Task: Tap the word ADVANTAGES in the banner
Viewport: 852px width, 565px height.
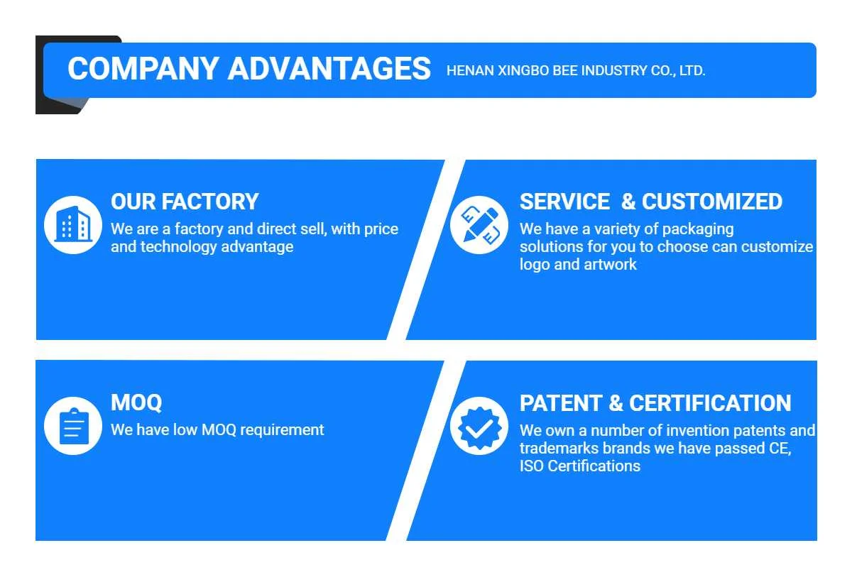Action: pyautogui.click(x=329, y=69)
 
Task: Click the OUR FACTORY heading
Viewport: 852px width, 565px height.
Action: pyautogui.click(x=185, y=202)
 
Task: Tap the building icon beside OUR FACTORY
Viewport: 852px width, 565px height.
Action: pyautogui.click(x=73, y=225)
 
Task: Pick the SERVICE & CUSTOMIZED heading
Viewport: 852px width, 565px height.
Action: pyautogui.click(x=650, y=202)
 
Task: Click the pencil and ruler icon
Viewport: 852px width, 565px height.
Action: pyautogui.click(x=479, y=225)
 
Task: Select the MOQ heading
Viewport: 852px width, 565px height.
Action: pyautogui.click(x=136, y=402)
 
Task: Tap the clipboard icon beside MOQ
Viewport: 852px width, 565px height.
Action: pyautogui.click(x=73, y=426)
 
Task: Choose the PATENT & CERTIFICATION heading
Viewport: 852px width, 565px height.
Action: pyautogui.click(x=655, y=403)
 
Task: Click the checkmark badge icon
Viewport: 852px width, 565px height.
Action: pyautogui.click(x=479, y=426)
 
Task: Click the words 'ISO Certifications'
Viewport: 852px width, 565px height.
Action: pyautogui.click(x=579, y=466)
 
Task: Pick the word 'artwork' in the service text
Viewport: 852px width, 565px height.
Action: pyautogui.click(x=610, y=265)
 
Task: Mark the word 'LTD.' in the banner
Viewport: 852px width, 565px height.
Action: pyautogui.click(x=692, y=71)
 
